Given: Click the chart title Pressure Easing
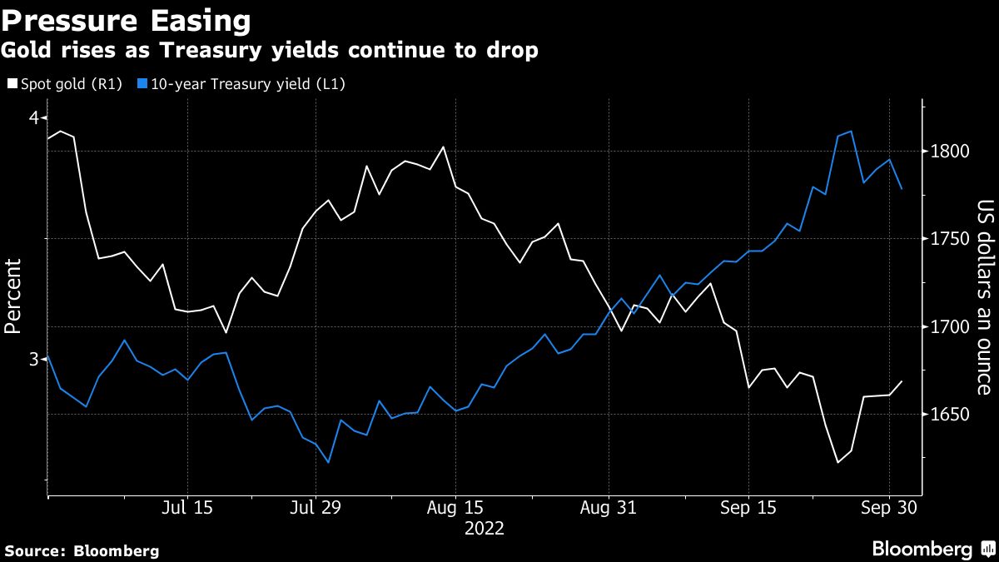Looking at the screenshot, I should click(126, 19).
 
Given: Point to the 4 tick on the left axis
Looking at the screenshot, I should click(33, 117).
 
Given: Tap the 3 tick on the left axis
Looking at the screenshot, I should click(33, 359).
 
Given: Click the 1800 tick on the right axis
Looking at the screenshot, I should click(947, 152).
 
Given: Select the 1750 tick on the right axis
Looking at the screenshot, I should click(947, 239).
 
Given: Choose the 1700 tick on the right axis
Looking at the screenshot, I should click(947, 326).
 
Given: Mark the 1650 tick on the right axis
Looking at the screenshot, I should click(947, 415).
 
